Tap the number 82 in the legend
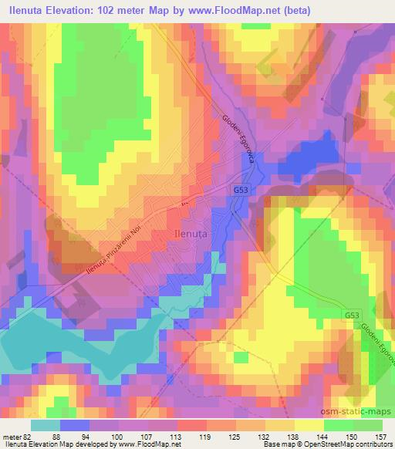pyautogui.click(x=29, y=437)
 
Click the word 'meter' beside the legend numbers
pyautogui.click(x=12, y=437)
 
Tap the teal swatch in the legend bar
pyautogui.click(x=46, y=426)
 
